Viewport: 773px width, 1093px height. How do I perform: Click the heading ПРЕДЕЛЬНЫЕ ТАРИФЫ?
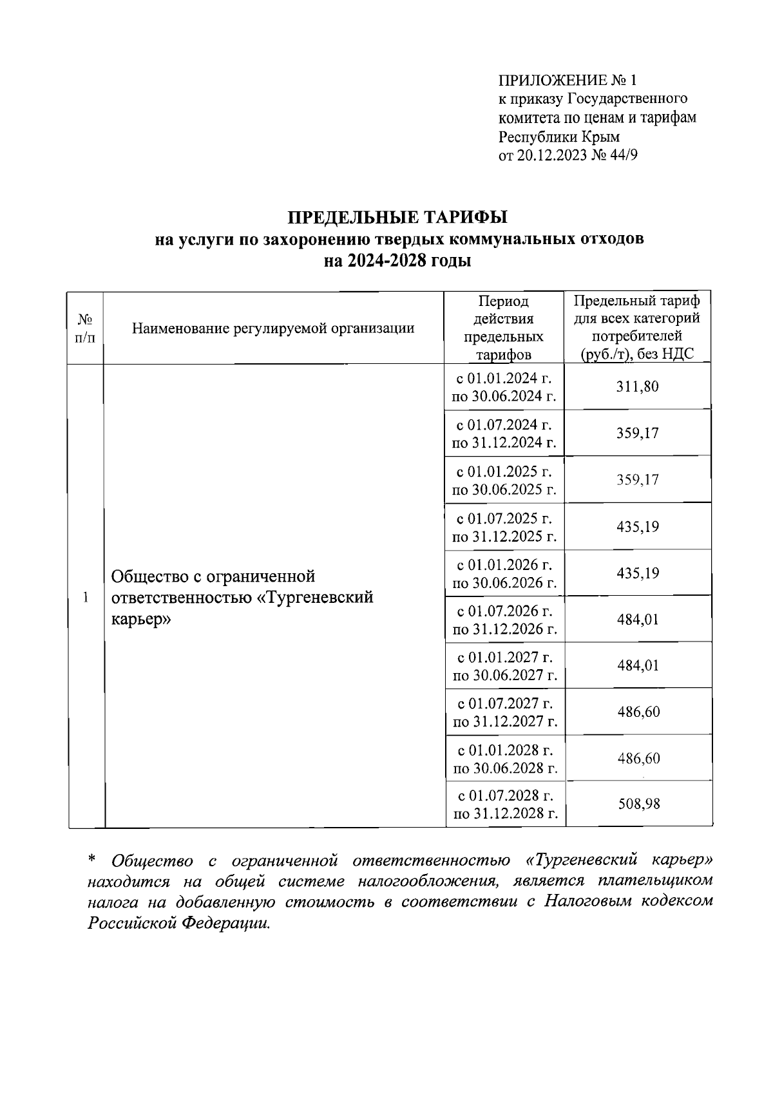click(x=397, y=216)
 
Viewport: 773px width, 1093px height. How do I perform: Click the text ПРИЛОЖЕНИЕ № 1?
click(x=568, y=81)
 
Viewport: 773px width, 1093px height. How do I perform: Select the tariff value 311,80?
click(x=638, y=387)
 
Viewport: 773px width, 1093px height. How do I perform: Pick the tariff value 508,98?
click(x=639, y=804)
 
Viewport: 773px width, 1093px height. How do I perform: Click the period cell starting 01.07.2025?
click(x=504, y=527)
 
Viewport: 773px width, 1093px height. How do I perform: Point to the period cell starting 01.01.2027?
click(x=505, y=666)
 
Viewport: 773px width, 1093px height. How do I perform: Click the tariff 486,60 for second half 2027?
click(x=638, y=712)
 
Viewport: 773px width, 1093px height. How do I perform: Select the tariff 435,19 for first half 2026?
click(x=638, y=573)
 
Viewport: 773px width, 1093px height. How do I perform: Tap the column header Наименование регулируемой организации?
click(x=273, y=328)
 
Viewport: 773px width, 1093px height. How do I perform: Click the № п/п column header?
click(x=86, y=328)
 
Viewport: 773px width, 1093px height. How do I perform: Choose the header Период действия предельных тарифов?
click(x=504, y=328)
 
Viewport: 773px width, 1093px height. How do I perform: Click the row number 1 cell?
click(x=86, y=596)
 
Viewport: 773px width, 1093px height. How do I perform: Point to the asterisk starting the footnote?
click(x=91, y=860)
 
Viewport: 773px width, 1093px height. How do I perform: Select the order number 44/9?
click(x=623, y=155)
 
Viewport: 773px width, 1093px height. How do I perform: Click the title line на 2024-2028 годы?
click(x=397, y=261)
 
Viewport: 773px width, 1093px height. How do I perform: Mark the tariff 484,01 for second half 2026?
click(x=638, y=620)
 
